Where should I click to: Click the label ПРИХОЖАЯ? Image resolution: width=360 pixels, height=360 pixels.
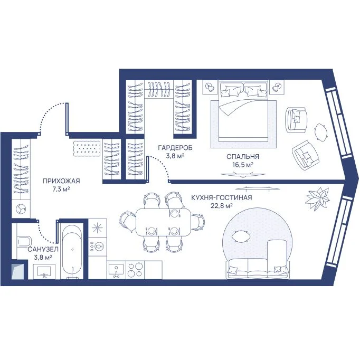(61, 181)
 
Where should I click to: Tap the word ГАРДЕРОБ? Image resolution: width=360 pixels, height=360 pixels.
(175, 148)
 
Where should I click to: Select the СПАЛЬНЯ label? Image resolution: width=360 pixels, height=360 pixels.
(243, 157)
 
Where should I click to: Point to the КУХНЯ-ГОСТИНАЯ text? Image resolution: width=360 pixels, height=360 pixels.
(222, 197)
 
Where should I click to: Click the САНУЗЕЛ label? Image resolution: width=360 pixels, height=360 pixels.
(43, 249)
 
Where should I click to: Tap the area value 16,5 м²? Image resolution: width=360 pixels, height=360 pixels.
(243, 165)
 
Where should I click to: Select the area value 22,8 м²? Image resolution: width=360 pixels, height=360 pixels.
(222, 206)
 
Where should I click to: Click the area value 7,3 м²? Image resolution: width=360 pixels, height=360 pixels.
(61, 189)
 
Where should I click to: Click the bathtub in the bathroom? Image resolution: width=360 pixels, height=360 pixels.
(72, 251)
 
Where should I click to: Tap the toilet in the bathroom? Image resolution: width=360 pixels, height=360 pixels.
(23, 242)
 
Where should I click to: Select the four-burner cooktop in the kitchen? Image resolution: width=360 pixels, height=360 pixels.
(135, 270)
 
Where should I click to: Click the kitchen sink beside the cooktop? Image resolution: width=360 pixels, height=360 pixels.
(116, 270)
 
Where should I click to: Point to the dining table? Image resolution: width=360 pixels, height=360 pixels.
(163, 222)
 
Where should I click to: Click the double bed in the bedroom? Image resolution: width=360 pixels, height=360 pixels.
(243, 111)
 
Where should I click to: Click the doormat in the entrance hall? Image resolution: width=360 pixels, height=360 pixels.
(87, 148)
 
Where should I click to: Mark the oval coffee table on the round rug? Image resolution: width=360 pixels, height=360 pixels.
(240, 236)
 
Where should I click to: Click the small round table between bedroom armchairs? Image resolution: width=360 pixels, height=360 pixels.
(320, 132)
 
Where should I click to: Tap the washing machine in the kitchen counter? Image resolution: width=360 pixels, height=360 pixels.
(98, 247)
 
